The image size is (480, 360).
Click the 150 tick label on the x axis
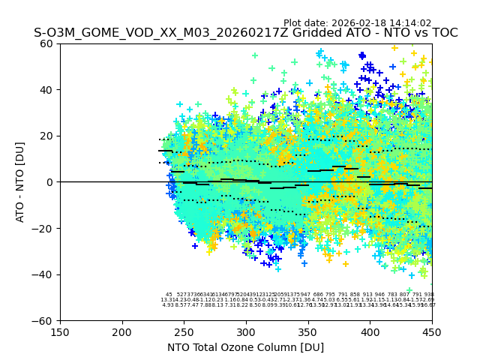60,332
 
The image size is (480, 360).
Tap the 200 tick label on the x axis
122,332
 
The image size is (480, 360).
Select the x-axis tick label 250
184,332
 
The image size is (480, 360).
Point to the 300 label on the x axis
246,332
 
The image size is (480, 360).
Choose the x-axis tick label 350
308,332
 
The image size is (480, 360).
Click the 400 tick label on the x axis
370,332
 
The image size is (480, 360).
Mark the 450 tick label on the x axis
432,332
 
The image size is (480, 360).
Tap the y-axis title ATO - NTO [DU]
20,182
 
